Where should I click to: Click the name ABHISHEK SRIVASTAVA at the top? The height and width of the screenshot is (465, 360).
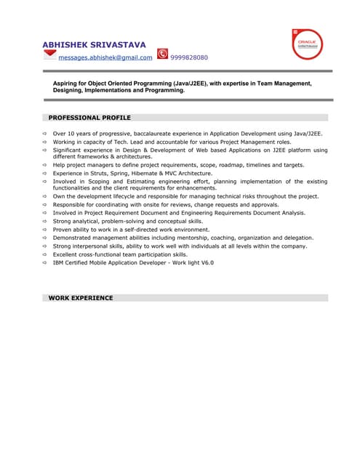pos(94,45)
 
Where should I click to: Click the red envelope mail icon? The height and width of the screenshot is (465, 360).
pos(50,55)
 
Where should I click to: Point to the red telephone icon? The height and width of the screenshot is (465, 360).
pos(162,54)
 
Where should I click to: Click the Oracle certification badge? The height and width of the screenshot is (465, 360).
pos(306,44)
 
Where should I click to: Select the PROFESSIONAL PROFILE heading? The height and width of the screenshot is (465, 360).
pos(89,118)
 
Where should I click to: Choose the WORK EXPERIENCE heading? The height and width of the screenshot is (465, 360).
pos(81,298)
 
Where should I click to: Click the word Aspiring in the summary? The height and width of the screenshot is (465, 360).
pos(68,84)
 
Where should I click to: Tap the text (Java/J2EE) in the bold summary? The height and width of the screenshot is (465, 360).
pos(185,84)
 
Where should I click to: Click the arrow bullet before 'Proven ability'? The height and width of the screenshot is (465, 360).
pos(44,230)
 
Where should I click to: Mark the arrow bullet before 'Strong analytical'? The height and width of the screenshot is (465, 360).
pos(44,222)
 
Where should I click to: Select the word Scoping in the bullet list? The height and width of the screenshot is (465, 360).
pos(102,182)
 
